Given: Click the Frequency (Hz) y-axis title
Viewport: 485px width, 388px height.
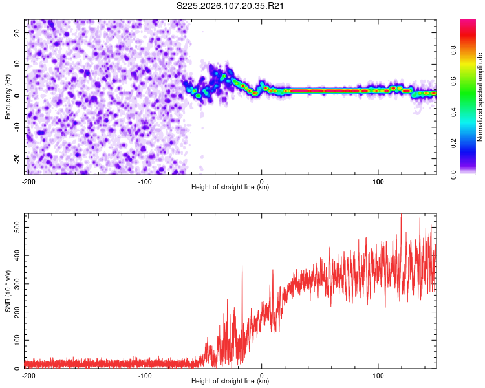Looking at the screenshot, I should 7,96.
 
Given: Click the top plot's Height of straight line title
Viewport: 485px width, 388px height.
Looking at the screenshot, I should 230,187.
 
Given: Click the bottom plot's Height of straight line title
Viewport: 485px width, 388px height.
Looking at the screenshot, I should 230,381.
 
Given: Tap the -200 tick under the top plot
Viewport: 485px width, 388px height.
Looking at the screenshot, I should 28,181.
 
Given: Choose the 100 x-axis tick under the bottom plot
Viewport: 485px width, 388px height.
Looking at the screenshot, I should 378,375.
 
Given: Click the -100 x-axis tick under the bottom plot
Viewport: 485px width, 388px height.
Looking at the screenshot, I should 145,375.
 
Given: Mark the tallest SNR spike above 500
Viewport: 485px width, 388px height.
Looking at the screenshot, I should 402,215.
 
